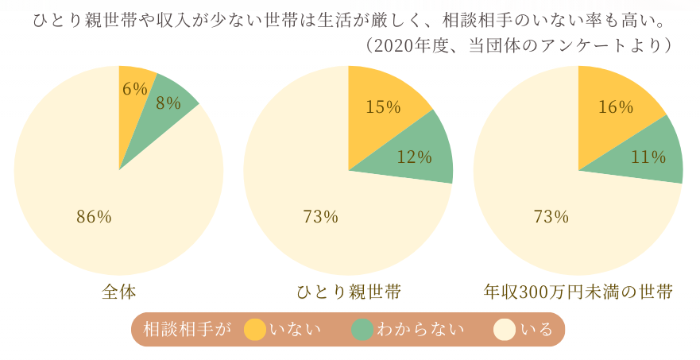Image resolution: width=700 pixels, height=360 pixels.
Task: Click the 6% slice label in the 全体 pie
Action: click(135, 89)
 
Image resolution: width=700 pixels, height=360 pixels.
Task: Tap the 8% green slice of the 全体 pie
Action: click(165, 107)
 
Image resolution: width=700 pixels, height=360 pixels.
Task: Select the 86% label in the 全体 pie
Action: click(94, 217)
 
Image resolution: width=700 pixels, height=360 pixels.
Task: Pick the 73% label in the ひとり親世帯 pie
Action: click(320, 217)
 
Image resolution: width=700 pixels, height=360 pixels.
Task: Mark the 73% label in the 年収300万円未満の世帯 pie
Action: click(551, 217)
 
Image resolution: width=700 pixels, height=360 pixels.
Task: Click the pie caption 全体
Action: click(118, 292)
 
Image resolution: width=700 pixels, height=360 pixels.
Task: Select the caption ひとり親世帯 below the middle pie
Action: click(349, 292)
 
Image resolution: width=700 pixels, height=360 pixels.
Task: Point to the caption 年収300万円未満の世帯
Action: click(578, 292)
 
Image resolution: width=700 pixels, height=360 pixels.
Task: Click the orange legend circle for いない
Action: click(255, 330)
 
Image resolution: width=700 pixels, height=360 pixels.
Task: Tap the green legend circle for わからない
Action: click(362, 330)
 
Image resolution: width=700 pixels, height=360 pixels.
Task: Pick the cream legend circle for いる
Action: click(505, 330)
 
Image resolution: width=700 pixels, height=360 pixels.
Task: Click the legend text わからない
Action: click(420, 330)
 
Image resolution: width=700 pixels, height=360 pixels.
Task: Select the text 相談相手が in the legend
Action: click(188, 330)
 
